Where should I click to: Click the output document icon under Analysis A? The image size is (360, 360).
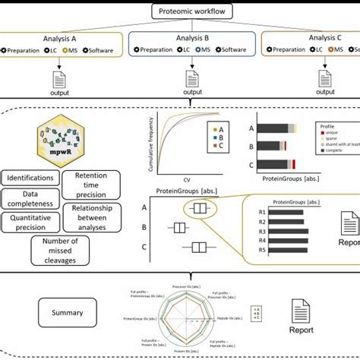[60, 79]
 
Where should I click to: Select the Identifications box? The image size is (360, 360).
[30, 178]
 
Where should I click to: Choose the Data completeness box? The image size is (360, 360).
[30, 199]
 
